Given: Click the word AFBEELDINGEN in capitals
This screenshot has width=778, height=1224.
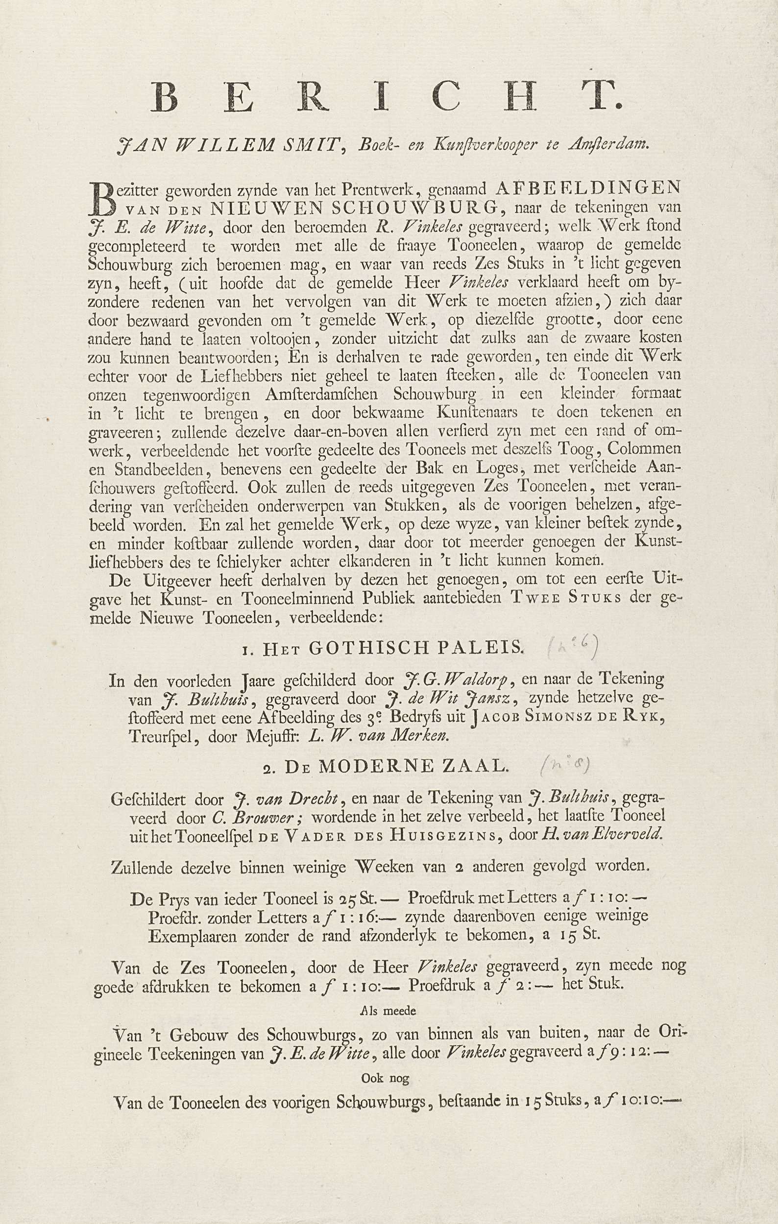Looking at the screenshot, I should (588, 188).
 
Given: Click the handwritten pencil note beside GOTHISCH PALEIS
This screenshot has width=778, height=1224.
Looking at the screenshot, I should (573, 646).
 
